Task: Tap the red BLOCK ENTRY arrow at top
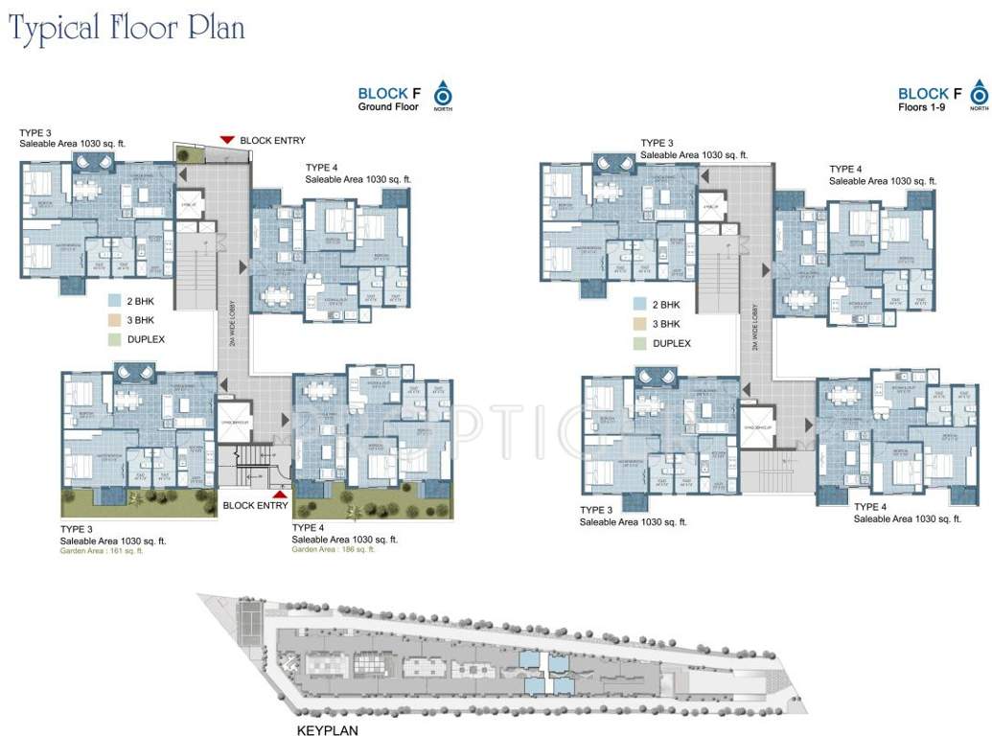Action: (x=227, y=140)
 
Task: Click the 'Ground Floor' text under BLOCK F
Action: (x=388, y=106)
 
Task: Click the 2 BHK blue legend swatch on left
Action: (x=115, y=300)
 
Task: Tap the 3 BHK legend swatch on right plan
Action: (x=638, y=324)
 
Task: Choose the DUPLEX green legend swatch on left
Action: (x=115, y=338)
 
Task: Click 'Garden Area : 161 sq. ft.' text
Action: (x=102, y=551)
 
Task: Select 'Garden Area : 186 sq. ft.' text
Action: (x=334, y=549)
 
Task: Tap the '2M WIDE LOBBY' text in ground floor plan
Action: (x=232, y=322)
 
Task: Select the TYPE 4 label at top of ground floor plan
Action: (x=322, y=168)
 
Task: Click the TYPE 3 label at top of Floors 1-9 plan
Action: (x=657, y=143)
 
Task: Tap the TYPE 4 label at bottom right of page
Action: (x=871, y=507)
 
